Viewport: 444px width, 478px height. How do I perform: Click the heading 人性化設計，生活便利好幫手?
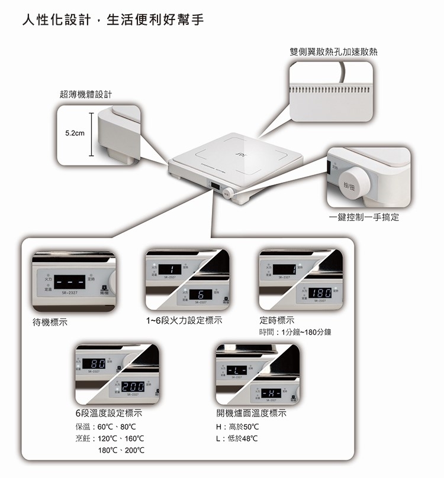click(x=112, y=21)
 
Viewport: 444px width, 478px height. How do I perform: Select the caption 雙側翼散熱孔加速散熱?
click(x=333, y=53)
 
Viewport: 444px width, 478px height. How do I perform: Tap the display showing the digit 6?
click(x=201, y=294)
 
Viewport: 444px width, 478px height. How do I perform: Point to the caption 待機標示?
click(x=50, y=322)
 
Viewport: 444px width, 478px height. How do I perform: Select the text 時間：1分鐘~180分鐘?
click(x=295, y=333)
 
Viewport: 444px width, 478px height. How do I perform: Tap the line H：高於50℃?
click(x=238, y=427)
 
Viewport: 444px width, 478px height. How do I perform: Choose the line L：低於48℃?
click(x=237, y=438)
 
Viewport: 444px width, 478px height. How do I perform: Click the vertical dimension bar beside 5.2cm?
click(x=92, y=135)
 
